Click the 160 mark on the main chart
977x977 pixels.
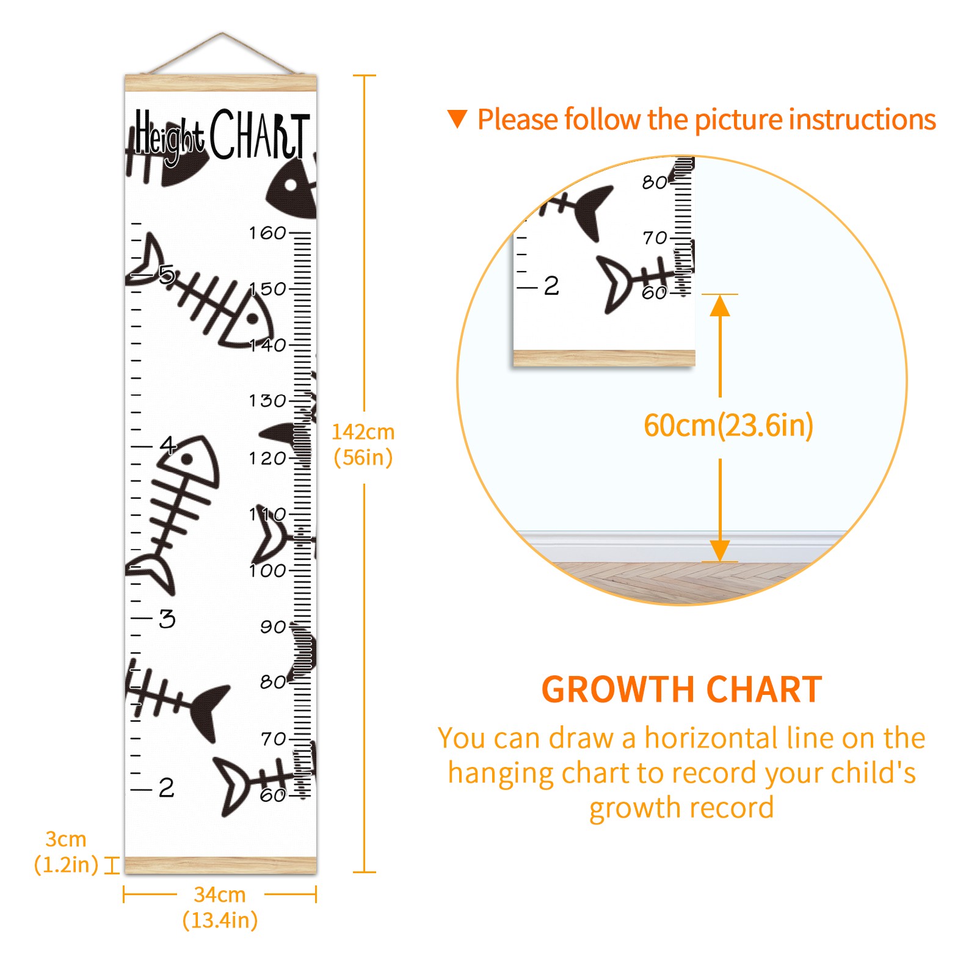(x=267, y=233)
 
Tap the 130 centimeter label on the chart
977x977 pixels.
(x=267, y=401)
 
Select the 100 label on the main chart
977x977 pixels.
(x=267, y=570)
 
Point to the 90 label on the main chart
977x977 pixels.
(x=273, y=627)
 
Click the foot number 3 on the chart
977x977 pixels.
(x=167, y=619)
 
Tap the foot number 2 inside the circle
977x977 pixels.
(x=551, y=285)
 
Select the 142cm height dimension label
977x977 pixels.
(x=363, y=444)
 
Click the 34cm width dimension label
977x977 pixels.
(x=220, y=907)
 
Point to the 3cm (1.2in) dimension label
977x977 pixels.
(x=66, y=852)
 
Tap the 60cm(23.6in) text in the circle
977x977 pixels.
(x=728, y=425)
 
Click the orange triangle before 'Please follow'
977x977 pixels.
(x=457, y=118)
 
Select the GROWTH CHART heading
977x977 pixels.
(x=681, y=689)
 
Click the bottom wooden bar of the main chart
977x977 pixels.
(x=221, y=865)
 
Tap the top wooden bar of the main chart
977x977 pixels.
(x=221, y=83)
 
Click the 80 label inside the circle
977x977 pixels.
(x=655, y=182)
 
